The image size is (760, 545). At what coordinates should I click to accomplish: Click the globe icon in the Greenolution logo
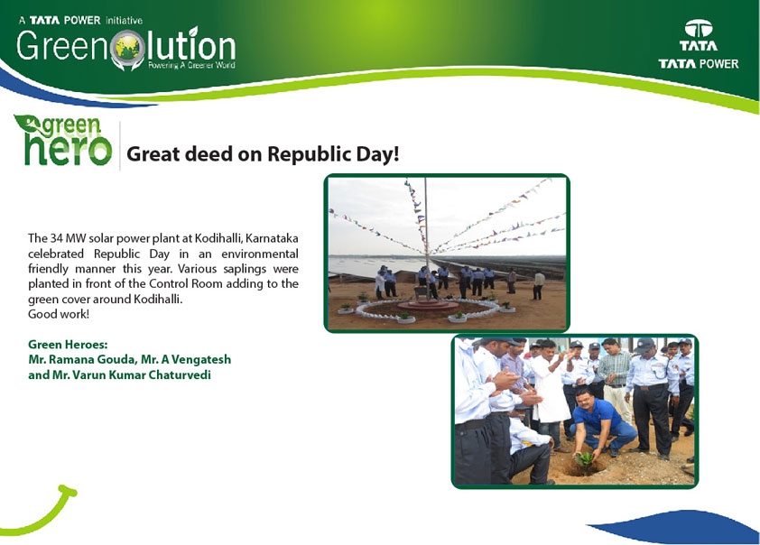[127, 48]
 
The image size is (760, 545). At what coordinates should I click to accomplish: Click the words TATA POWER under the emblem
[699, 64]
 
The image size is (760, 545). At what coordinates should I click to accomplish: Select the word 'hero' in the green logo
[68, 149]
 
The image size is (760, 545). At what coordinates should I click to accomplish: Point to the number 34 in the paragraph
[56, 238]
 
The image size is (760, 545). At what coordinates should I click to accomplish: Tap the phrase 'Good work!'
[59, 314]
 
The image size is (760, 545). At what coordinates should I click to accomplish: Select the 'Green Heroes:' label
[68, 345]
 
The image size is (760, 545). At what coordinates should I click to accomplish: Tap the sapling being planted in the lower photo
[586, 457]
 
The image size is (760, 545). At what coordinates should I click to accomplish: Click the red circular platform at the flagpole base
[428, 306]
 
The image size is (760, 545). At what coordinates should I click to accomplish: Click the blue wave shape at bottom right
[679, 527]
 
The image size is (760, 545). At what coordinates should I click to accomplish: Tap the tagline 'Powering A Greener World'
[191, 65]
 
